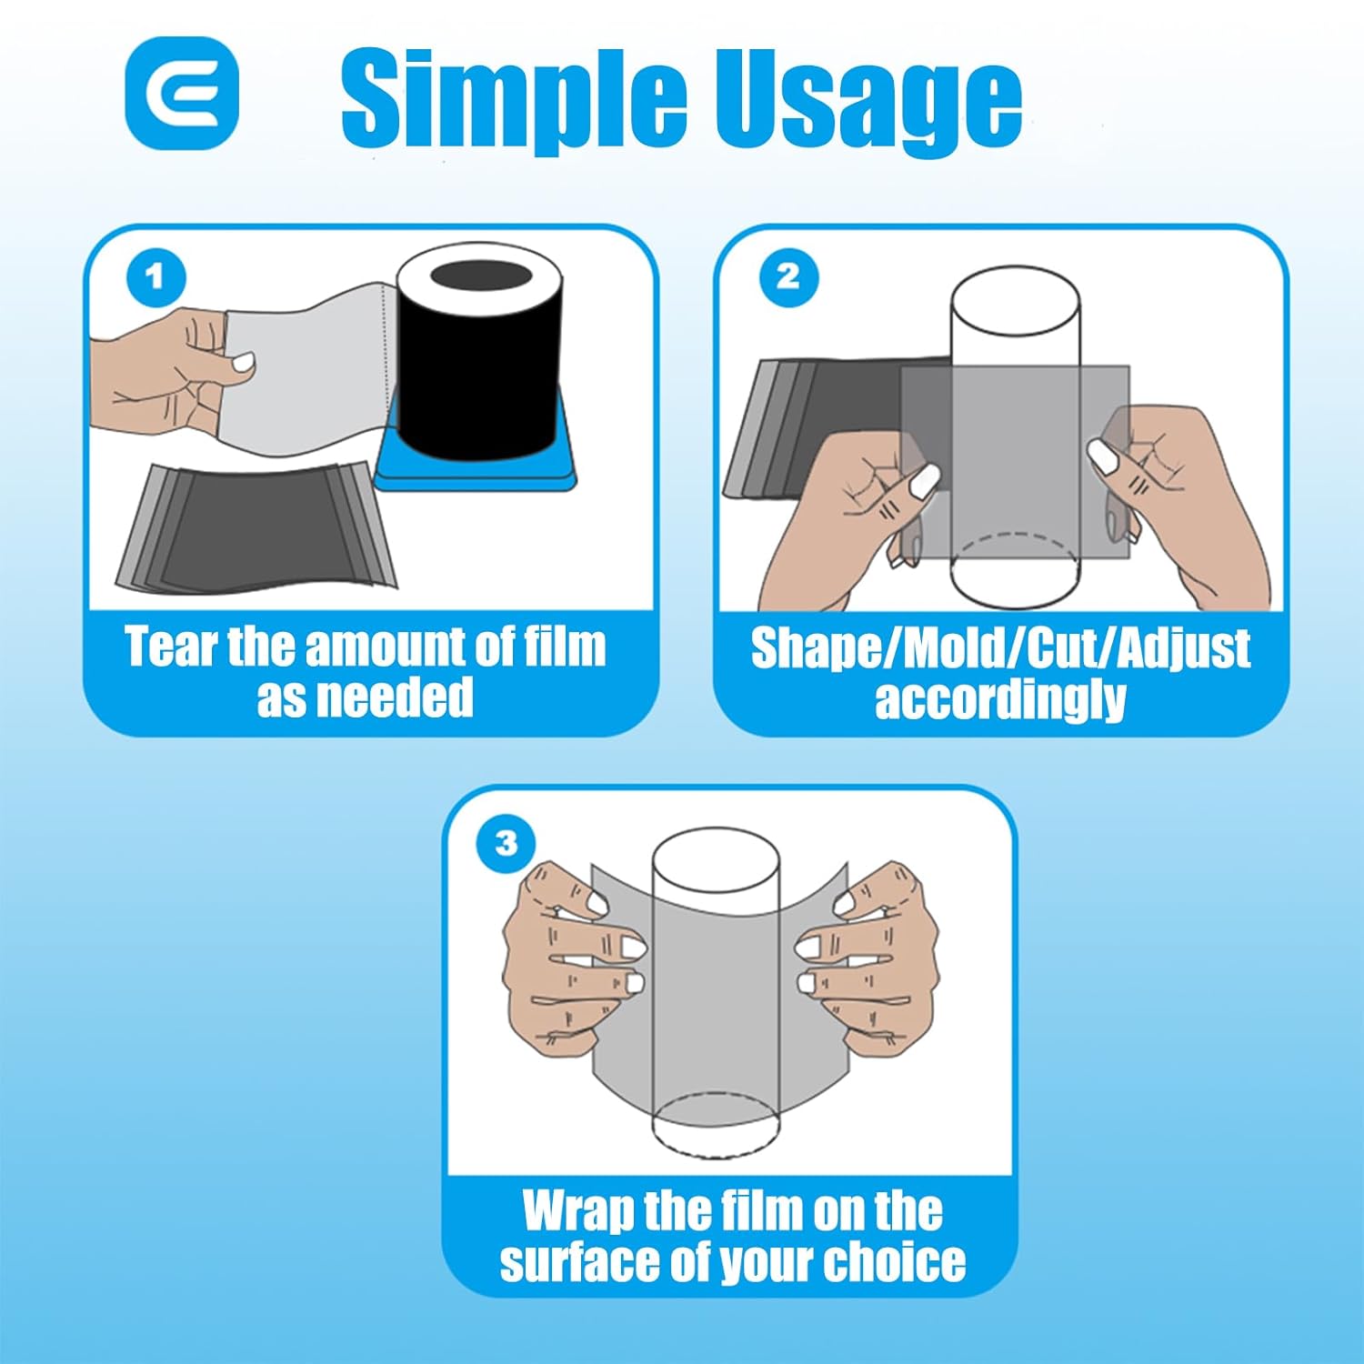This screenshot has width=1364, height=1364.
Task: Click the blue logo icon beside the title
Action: point(182,93)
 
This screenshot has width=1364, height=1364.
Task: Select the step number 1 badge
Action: point(155,277)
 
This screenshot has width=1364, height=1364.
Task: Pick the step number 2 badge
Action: point(788,277)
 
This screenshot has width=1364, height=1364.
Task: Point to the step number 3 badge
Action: point(506,843)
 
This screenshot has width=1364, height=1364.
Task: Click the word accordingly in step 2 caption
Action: point(1000,700)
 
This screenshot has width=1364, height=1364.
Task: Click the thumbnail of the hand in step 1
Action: point(243,362)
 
